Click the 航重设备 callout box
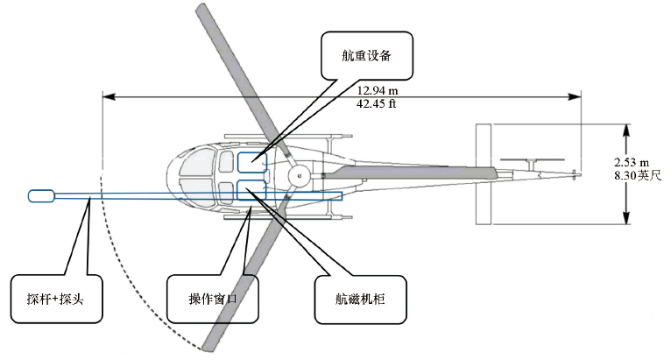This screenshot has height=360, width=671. [366, 57]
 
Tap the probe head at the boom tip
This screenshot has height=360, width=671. [41, 196]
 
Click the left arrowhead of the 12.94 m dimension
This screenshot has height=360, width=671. [106, 96]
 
